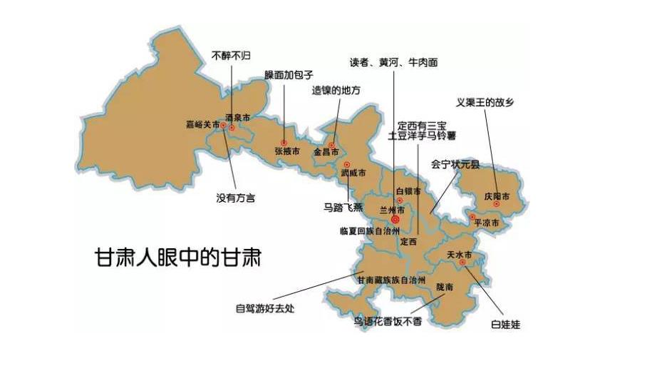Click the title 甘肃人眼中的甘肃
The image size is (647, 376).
tap(178, 257)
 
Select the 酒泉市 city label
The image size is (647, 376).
tap(238, 117)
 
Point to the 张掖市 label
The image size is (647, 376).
tap(287, 151)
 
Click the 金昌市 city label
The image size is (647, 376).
tap(326, 152)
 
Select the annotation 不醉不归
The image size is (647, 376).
tap(232, 54)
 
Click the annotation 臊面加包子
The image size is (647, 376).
tap(289, 74)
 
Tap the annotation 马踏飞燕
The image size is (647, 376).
tap(342, 208)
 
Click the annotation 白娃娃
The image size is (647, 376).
tap(505, 325)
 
